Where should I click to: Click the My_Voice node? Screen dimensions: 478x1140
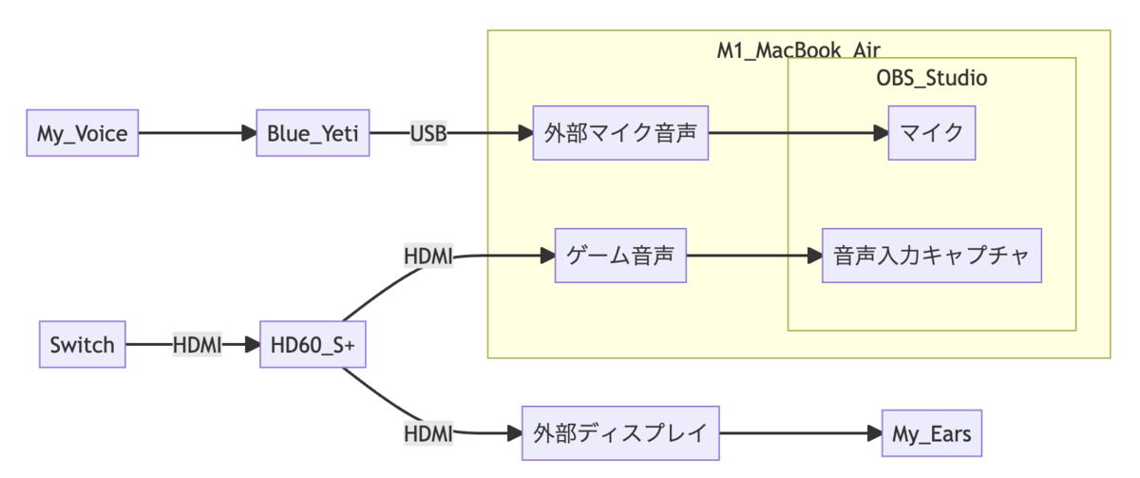(82, 134)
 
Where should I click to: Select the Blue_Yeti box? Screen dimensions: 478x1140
(312, 134)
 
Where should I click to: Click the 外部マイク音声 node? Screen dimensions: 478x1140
(620, 134)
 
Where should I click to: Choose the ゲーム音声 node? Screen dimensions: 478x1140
(620, 256)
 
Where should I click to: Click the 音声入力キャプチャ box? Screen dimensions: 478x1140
(932, 256)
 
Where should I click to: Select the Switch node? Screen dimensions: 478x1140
(82, 345)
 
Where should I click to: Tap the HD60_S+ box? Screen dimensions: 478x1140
(312, 345)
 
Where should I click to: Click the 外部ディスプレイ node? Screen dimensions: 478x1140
(620, 434)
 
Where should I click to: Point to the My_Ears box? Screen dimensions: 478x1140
(932, 434)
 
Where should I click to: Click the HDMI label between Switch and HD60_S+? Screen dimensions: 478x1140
(197, 345)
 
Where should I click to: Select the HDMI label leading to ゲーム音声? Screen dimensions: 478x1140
(428, 256)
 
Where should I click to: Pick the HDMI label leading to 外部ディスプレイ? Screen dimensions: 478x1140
(428, 434)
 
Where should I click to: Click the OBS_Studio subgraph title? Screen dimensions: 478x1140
(931, 78)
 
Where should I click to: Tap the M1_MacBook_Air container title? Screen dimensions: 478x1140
(798, 49)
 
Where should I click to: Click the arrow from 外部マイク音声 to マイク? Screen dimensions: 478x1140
(798, 134)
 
